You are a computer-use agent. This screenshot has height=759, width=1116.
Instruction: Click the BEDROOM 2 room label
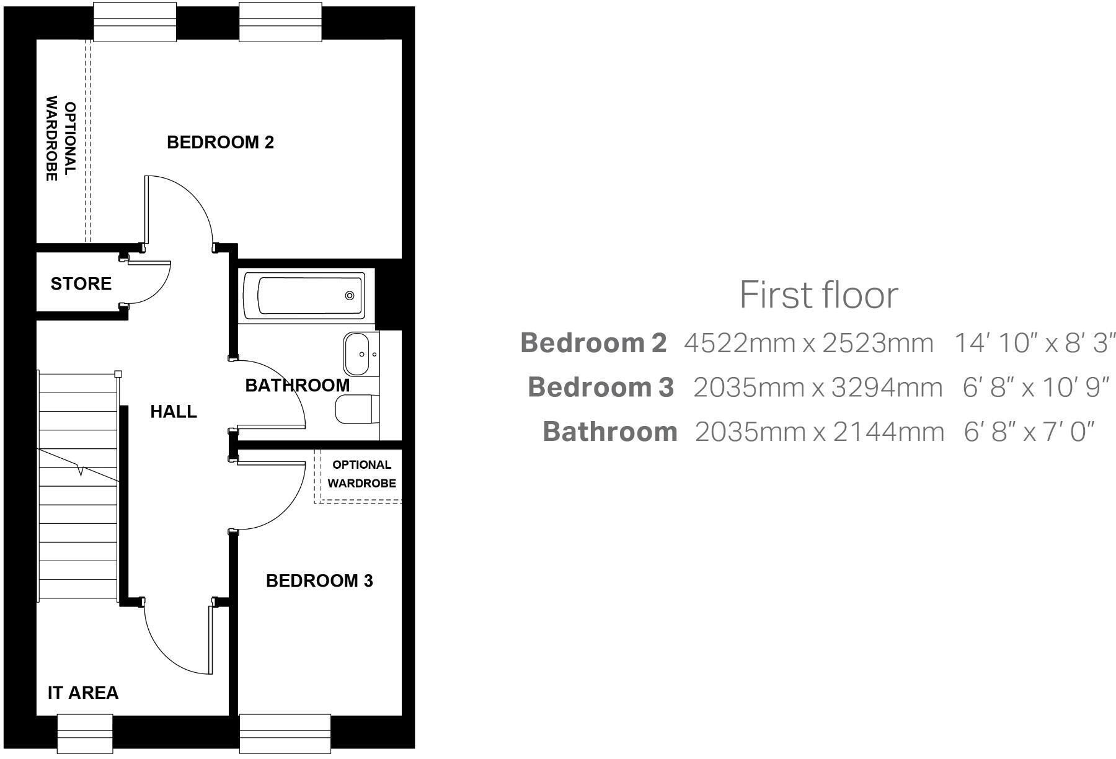tap(220, 143)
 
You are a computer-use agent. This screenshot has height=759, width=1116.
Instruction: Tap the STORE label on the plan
tap(81, 284)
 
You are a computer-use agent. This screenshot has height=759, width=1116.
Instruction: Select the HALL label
tap(174, 412)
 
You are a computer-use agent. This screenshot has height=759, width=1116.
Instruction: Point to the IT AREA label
tap(83, 693)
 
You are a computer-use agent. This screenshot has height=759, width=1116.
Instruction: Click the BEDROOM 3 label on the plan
tap(319, 581)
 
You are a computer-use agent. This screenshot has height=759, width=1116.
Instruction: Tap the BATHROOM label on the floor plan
tap(298, 386)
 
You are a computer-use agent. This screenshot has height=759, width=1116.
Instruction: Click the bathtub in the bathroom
tap(304, 296)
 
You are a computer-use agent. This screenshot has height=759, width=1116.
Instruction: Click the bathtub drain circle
tap(350, 296)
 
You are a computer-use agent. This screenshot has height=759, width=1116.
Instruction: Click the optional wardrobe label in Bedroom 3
tap(361, 474)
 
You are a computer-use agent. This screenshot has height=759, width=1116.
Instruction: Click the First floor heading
tap(818, 295)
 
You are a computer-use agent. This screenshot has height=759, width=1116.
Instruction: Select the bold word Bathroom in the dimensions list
tap(610, 432)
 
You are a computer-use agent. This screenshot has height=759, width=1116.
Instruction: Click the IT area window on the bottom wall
tap(85, 733)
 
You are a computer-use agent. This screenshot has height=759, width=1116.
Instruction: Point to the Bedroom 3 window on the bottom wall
tap(285, 733)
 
